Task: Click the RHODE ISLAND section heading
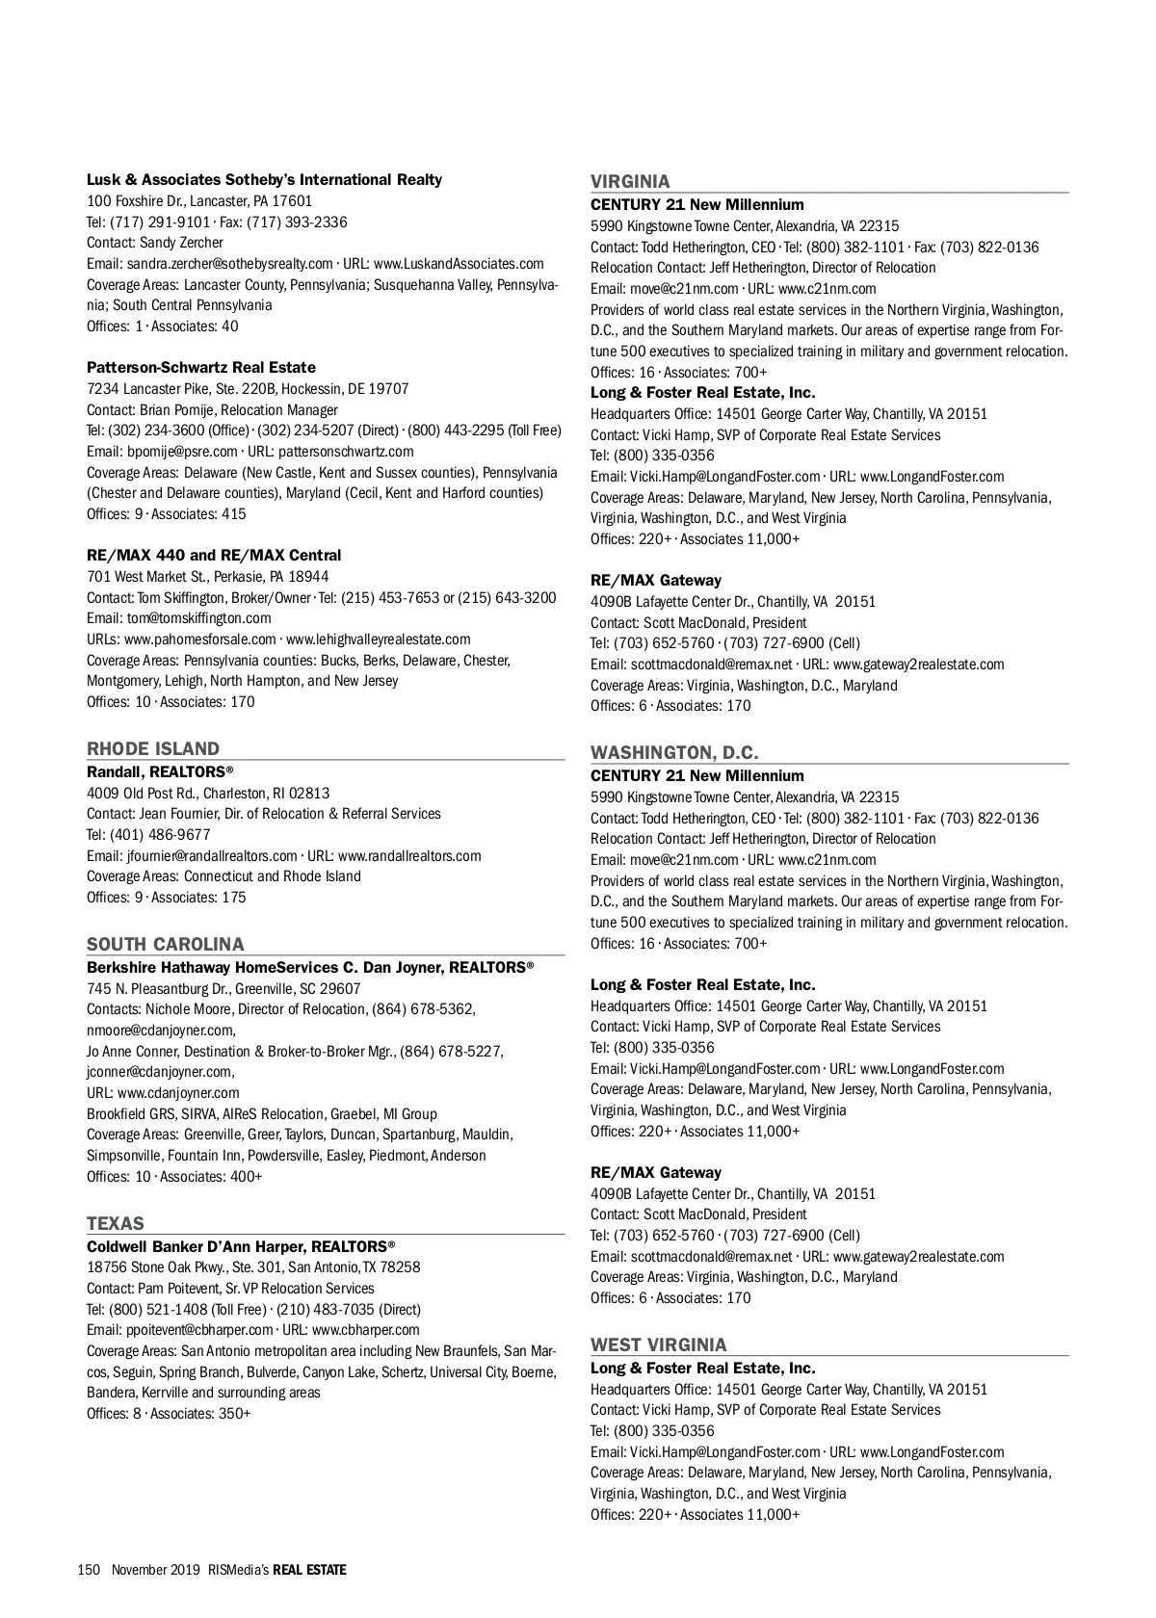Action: point(153,748)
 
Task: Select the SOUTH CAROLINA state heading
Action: point(166,944)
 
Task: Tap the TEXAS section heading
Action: point(116,1223)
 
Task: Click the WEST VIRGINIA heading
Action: point(659,1344)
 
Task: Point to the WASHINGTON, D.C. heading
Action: point(674,752)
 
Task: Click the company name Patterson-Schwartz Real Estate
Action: point(201,368)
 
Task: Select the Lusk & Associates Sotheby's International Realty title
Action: point(264,180)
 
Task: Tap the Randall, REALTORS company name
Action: point(160,772)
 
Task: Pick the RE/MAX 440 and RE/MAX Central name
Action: point(214,556)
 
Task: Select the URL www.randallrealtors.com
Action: point(409,856)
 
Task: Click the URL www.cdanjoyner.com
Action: point(178,1093)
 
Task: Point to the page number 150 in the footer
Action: point(89,1570)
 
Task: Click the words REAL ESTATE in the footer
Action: point(309,1570)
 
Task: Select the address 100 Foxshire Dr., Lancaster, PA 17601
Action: point(199,201)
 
